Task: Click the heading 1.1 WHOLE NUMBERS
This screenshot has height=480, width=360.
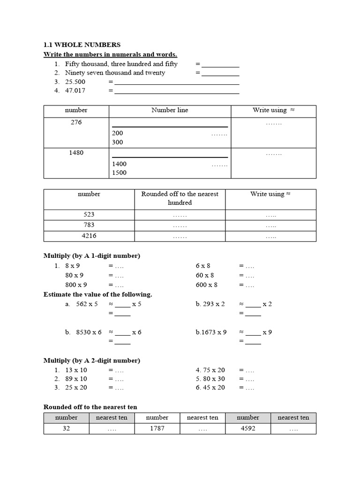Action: coord(82,45)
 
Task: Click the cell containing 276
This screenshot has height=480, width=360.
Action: coord(76,122)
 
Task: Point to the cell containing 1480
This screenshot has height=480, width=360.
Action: coord(76,153)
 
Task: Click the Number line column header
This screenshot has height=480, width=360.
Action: coord(170,111)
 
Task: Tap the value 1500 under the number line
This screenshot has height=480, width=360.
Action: coord(119,172)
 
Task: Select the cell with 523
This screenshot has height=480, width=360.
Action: coord(89,215)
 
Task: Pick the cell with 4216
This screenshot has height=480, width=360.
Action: coord(89,236)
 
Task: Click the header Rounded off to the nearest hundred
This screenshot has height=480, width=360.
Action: coord(180,198)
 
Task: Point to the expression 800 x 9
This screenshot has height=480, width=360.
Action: coord(76,285)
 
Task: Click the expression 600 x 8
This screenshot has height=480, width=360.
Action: coord(207,285)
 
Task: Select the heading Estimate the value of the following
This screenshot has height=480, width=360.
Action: coord(97,294)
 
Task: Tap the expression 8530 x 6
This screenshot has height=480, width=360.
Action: coord(89,332)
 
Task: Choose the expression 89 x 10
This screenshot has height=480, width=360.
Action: coord(76,379)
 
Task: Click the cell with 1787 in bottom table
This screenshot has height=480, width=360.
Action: coord(157,428)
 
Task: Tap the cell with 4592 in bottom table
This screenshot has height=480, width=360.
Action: coord(247,428)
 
